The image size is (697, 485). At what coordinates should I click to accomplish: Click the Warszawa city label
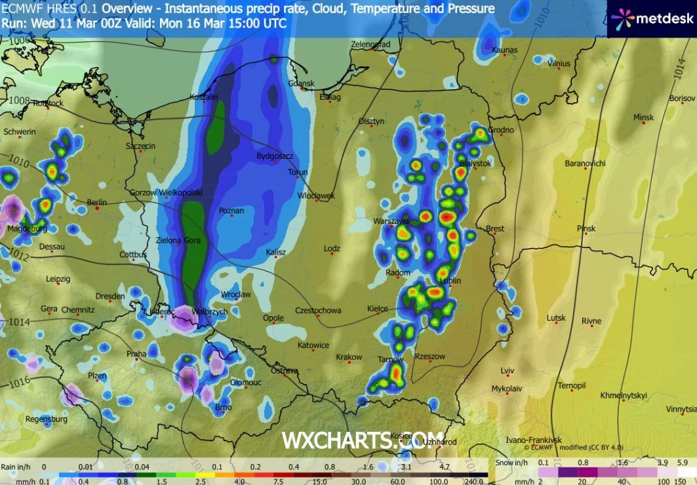391,221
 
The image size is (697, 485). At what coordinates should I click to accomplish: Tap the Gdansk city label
302,84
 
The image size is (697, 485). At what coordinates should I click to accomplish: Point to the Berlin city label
96,202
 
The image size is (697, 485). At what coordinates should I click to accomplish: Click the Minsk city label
643,117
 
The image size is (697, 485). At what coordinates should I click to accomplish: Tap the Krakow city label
349,357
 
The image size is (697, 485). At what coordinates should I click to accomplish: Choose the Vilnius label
559,64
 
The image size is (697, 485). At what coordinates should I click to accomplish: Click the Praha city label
136,354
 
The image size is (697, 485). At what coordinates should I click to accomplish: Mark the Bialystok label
475,163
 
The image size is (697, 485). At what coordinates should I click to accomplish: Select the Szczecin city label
140,146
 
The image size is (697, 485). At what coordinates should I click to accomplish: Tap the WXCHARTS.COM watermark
363,439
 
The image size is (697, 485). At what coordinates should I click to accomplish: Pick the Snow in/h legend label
513,463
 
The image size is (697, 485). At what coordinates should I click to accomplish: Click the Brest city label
495,228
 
